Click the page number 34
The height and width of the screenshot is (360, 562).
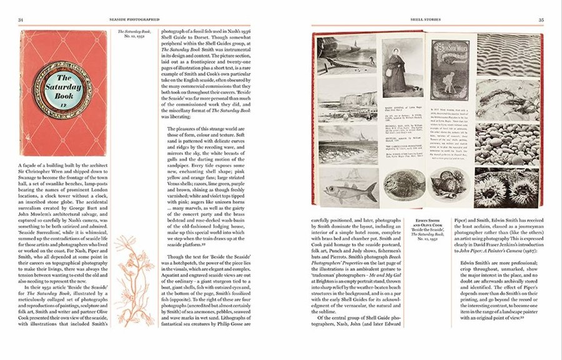click(21, 20)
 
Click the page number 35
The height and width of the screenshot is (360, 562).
click(540, 20)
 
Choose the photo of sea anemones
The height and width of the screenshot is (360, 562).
click(506, 187)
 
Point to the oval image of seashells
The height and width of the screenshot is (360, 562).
click(449, 186)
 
